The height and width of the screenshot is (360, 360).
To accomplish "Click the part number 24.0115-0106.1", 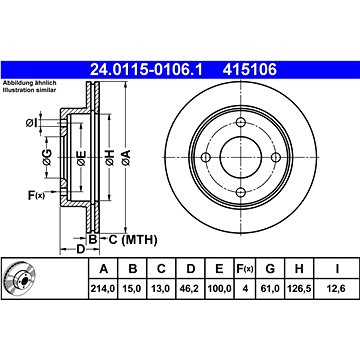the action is pos(146,70).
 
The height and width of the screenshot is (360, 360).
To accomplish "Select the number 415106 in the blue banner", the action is pos(250,70).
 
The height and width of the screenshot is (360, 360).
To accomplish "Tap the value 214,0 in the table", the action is pos(103,288).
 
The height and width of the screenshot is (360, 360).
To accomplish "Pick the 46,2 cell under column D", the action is pos(190,288).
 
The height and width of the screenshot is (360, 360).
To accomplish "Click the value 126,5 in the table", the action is pos(299,288).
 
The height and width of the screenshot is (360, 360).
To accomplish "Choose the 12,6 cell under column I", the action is pos(337,288).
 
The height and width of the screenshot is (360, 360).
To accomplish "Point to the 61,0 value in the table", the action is pos(270,288).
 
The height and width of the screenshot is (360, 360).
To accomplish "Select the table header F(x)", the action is pos(245,268).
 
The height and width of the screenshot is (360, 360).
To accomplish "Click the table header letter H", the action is pos(299,268).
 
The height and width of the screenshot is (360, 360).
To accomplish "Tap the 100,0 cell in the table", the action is pos(219,288).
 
